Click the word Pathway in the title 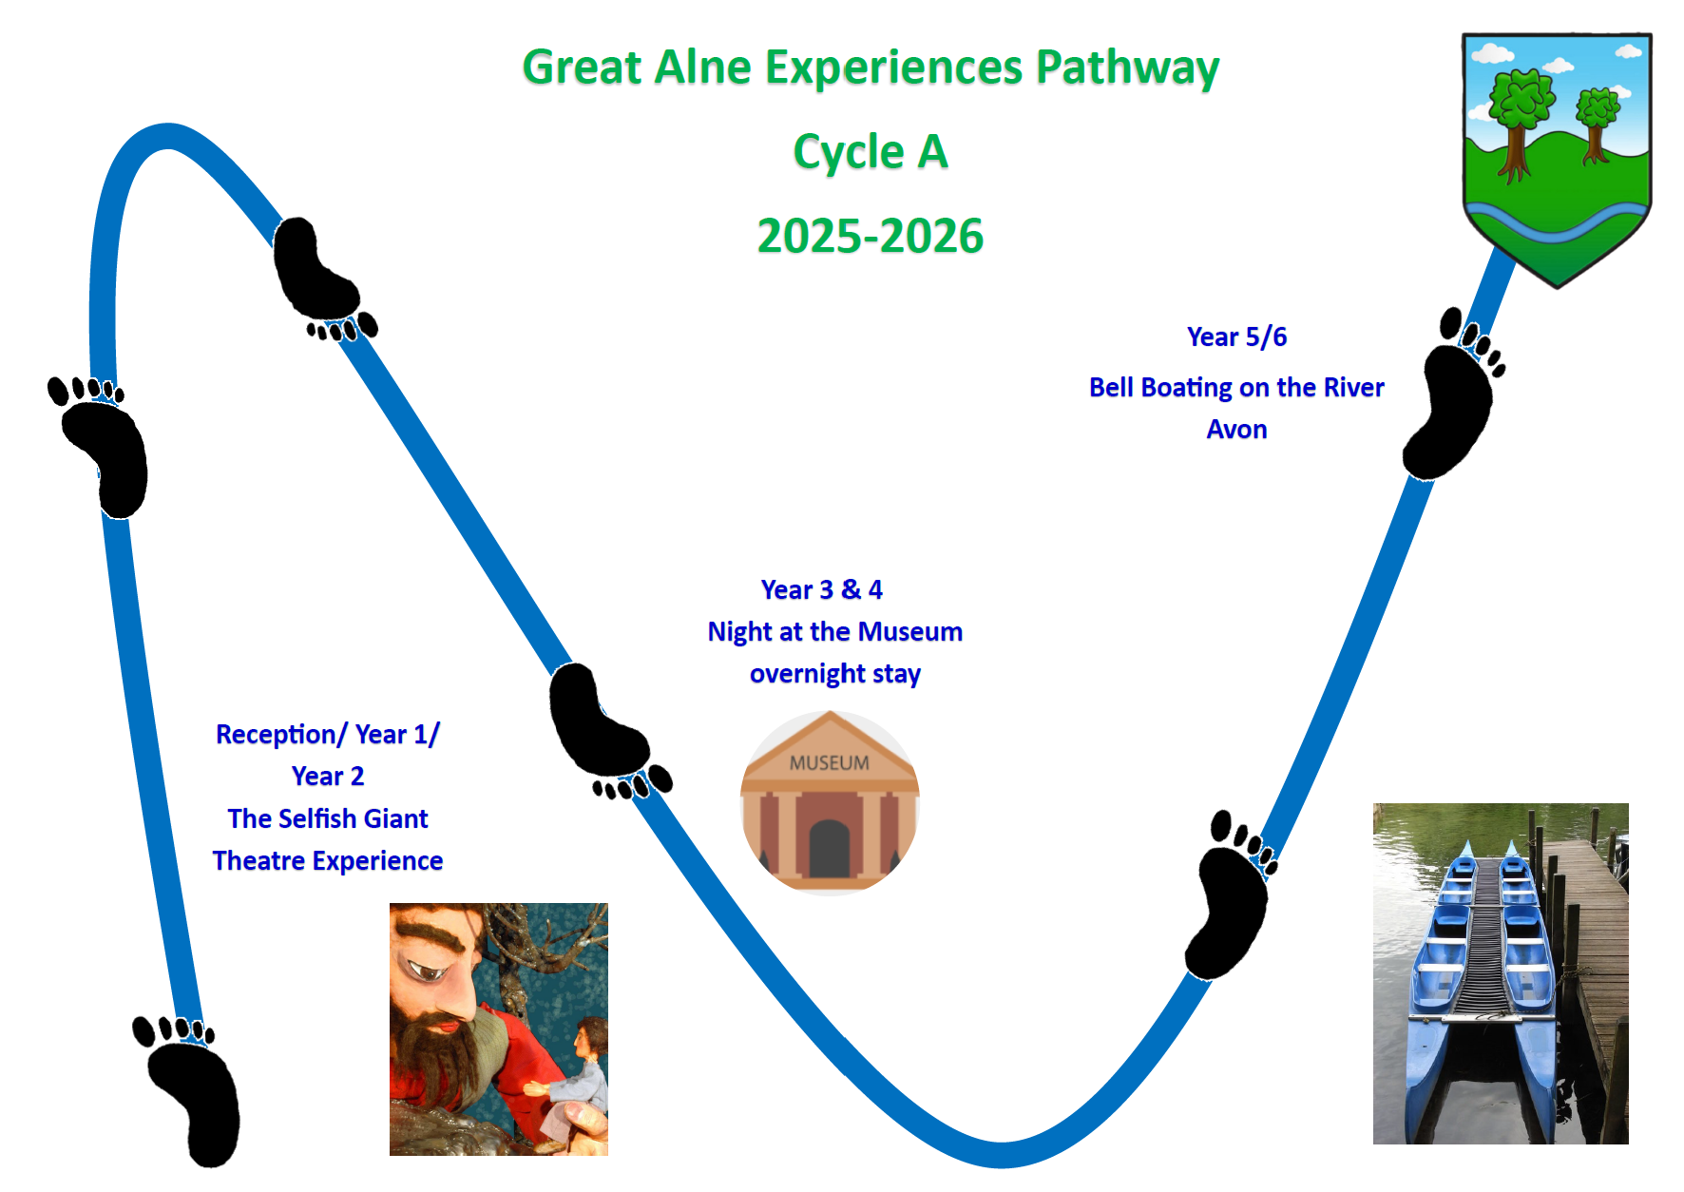tap(1127, 68)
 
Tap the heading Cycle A tap(871, 152)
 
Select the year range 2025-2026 tap(871, 236)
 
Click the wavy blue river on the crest tap(1557, 221)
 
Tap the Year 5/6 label tap(1236, 337)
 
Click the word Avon tap(1236, 430)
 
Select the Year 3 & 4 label tap(822, 590)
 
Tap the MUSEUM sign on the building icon tap(829, 763)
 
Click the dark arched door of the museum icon tap(829, 848)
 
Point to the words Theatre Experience tap(328, 861)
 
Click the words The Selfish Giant tap(328, 818)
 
